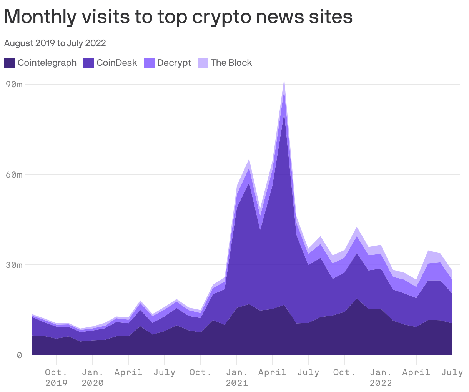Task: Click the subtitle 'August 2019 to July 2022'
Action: (x=55, y=43)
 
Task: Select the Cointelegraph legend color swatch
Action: (x=9, y=63)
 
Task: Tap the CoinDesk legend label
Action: (x=116, y=63)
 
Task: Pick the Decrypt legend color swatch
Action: (x=149, y=63)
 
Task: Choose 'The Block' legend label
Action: (x=231, y=63)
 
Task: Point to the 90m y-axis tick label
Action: (x=15, y=84)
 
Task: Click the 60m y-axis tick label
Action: (x=15, y=174)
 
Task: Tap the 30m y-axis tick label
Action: (x=15, y=265)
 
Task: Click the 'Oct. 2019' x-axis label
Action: (x=56, y=377)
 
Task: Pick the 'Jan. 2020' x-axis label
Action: (x=92, y=377)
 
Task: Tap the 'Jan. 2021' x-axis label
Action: (x=237, y=377)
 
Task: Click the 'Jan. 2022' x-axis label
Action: (x=381, y=377)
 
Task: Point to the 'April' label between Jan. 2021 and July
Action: (x=272, y=372)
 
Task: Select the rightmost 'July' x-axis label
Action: (x=452, y=372)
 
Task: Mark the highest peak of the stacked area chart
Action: (x=284, y=80)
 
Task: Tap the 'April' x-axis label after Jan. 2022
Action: (x=416, y=372)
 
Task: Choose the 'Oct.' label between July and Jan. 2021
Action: (x=200, y=372)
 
